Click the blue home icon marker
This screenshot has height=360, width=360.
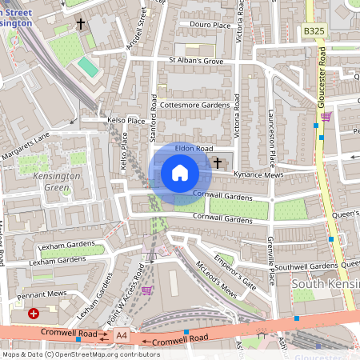point(180,173)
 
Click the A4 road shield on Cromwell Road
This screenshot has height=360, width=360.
point(121,334)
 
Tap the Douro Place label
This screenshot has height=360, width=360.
point(210,25)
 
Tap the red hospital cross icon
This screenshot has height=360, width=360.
point(34,314)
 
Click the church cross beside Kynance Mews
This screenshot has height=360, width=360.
point(218,162)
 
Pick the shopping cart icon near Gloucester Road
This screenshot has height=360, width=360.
point(326,117)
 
